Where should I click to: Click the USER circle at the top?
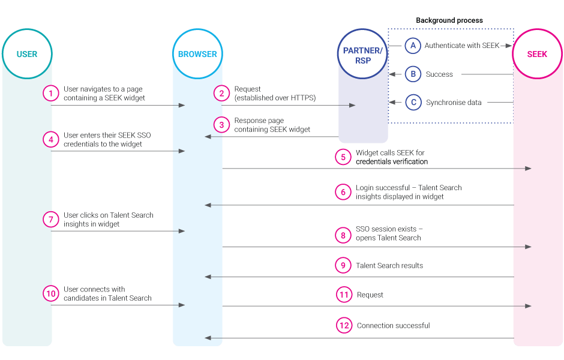pos(27,54)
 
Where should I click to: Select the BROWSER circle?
pos(197,54)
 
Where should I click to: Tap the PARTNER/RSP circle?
pos(362,54)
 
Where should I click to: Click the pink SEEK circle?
pos(537,54)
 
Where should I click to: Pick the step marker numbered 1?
pos(51,93)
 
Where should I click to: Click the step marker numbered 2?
pos(222,93)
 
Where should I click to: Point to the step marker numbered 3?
pos(222,125)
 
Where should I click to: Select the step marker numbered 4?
pos(51,139)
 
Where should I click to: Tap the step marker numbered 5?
pos(343,157)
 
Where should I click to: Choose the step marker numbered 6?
pos(343,192)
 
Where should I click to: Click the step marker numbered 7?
pos(51,219)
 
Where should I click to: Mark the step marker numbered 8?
pos(343,235)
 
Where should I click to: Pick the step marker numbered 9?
pos(343,265)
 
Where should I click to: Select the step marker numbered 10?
pos(51,293)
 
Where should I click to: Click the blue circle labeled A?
pos(413,46)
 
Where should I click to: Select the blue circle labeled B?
pos(413,74)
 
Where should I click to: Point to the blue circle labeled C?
pos(413,103)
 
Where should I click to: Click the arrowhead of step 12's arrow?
pos(208,338)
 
